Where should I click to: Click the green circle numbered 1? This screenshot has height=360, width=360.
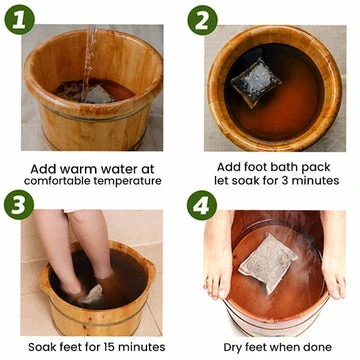[x=19, y=19]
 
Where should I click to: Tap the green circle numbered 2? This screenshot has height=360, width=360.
[x=202, y=20]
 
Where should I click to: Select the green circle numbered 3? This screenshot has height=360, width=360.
[x=19, y=205]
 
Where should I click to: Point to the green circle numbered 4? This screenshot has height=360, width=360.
[x=202, y=205]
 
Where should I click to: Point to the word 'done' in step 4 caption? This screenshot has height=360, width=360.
[x=318, y=347]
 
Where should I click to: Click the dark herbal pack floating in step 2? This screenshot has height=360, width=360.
[x=255, y=82]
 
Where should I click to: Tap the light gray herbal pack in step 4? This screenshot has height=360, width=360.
[x=268, y=263]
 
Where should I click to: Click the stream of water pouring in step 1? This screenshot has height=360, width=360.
[x=89, y=63]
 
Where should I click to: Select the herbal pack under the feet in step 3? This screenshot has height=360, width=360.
[x=92, y=294]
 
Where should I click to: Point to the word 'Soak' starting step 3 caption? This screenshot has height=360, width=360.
[x=41, y=347]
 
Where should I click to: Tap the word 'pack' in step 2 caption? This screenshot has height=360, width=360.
[x=317, y=167]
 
